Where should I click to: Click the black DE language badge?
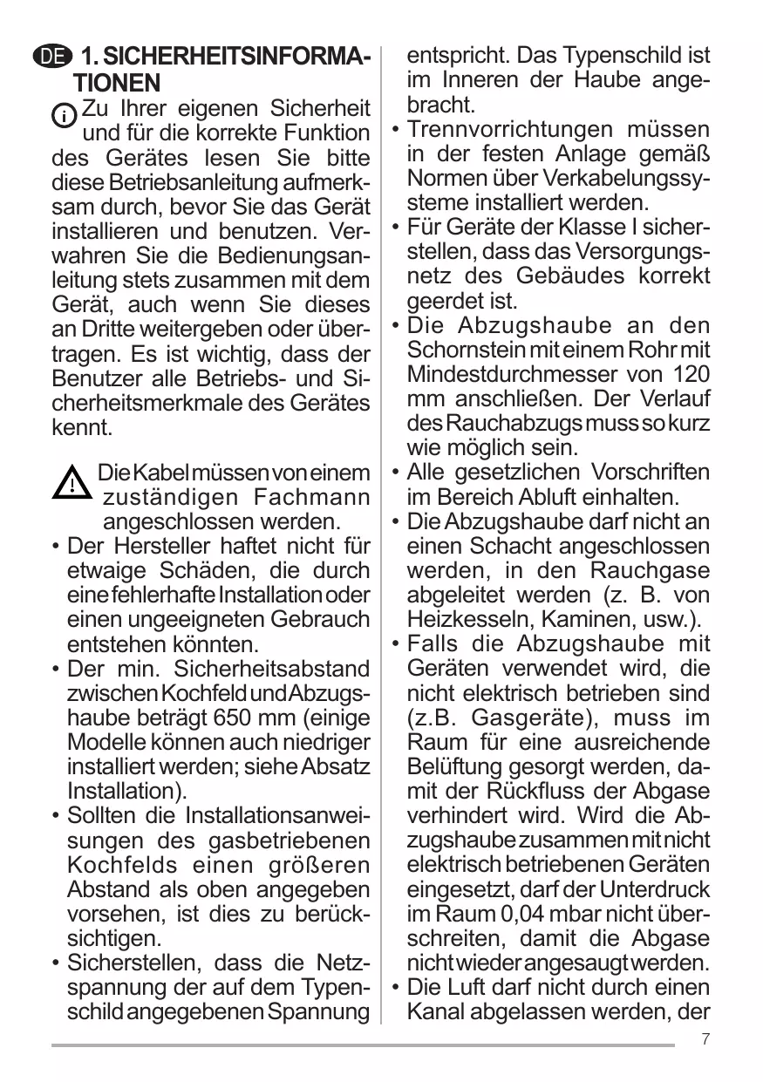51,58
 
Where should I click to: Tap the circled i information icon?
65,115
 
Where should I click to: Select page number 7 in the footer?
705,1039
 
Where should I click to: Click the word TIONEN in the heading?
117,84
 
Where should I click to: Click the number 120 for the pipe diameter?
691,375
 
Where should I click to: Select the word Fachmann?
311,499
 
